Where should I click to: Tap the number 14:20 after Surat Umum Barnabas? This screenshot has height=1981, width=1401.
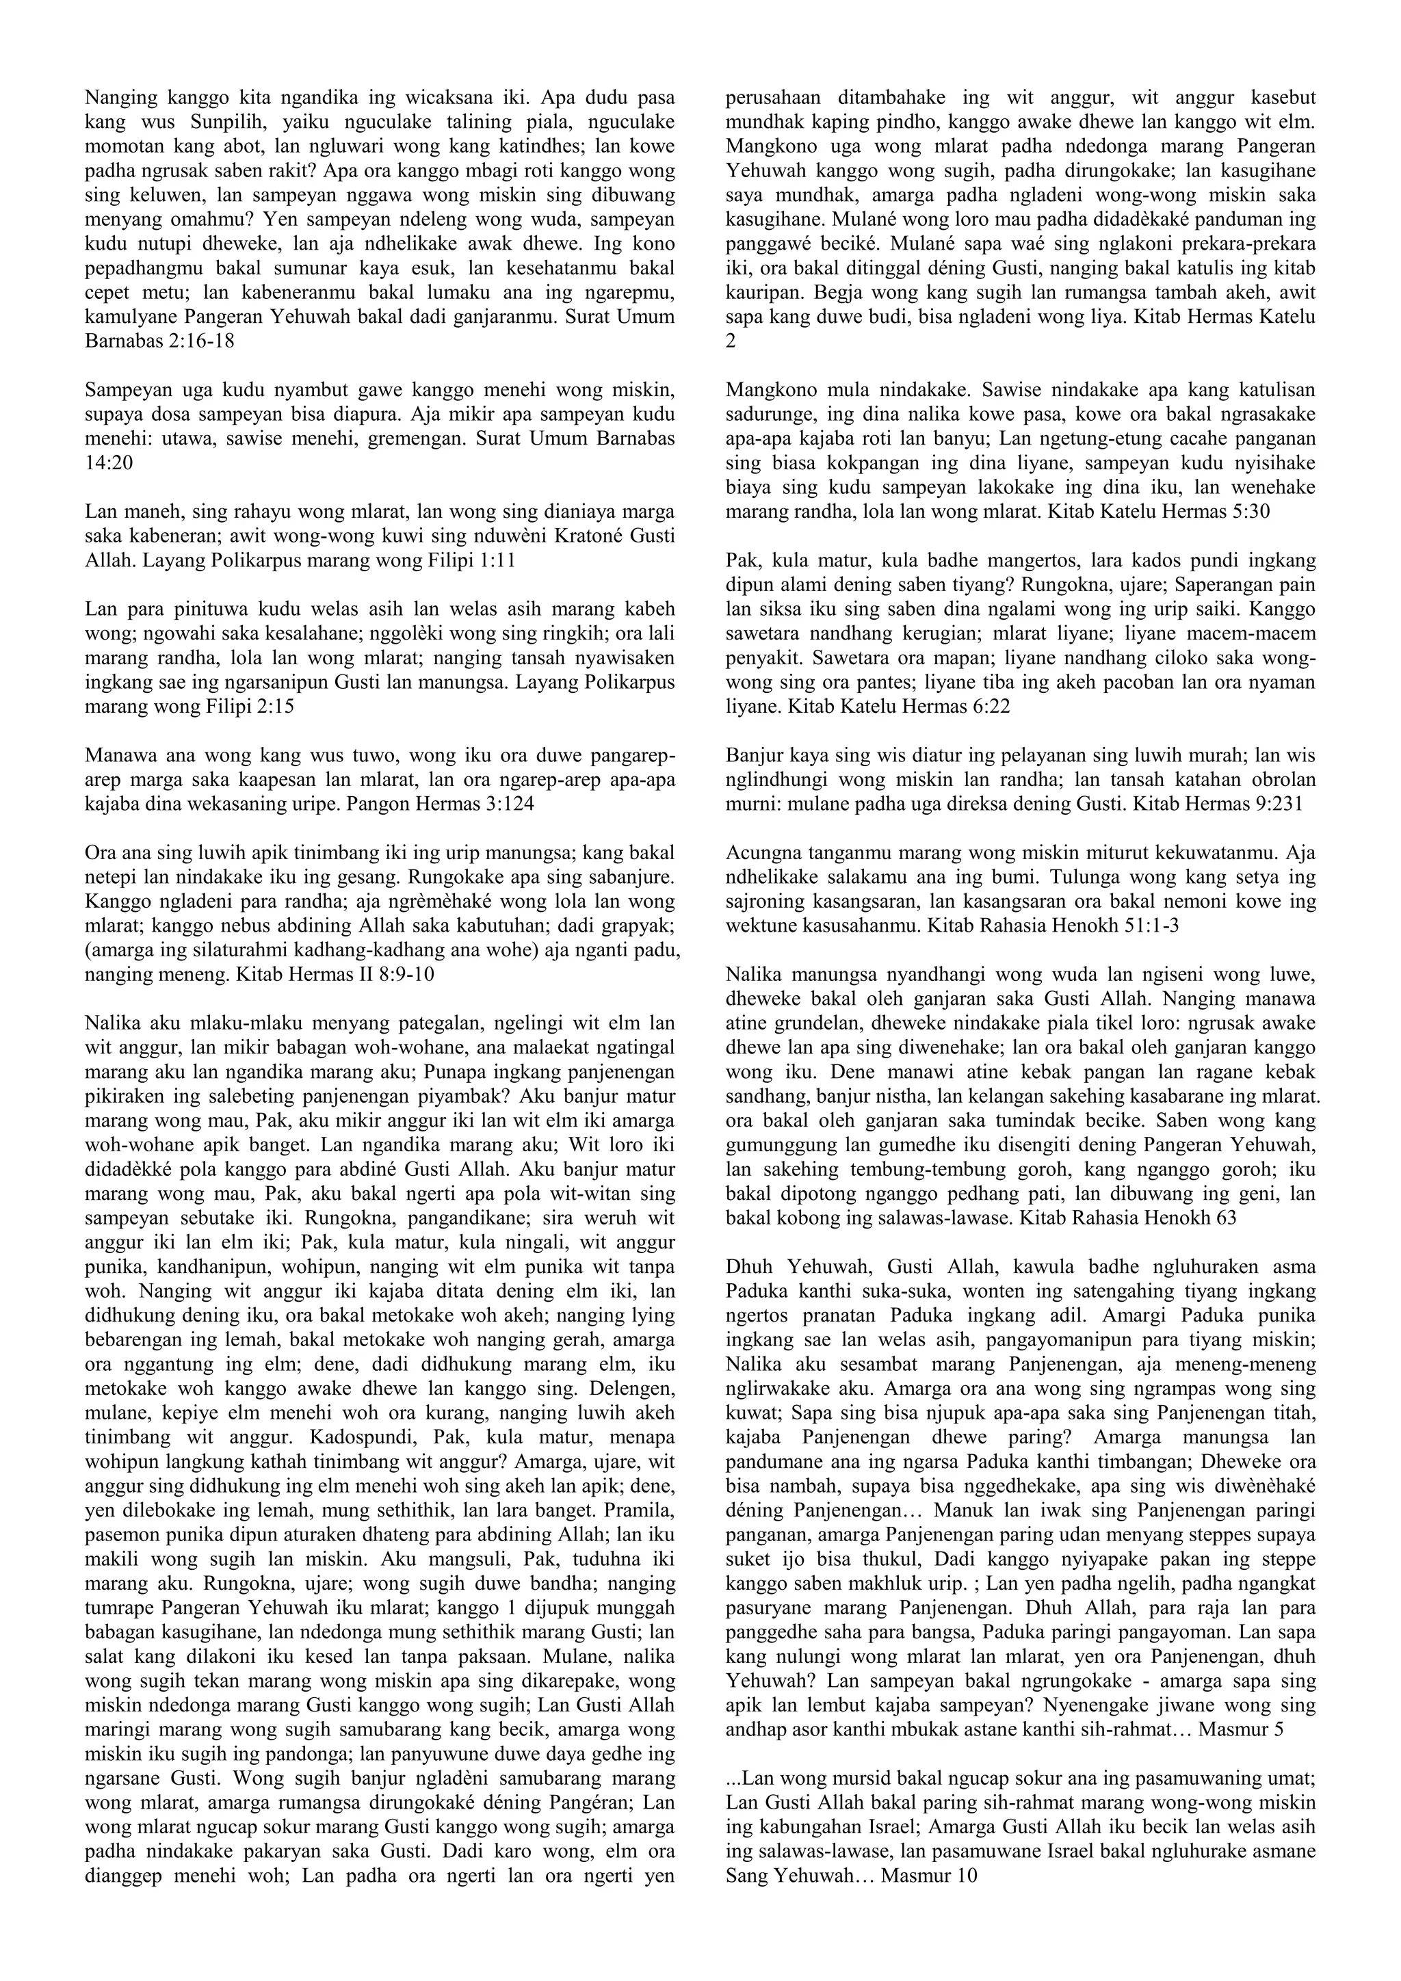(109, 462)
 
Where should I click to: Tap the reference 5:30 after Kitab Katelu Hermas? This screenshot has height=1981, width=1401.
(1248, 512)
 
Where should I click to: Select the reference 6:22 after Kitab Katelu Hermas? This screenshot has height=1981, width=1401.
(988, 707)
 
